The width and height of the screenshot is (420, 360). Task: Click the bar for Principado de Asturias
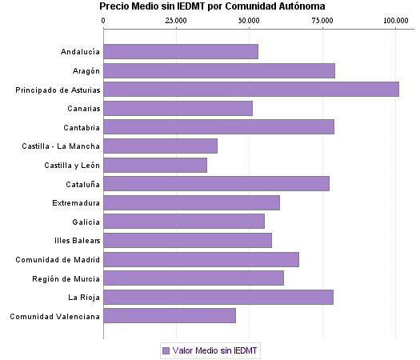coord(251,90)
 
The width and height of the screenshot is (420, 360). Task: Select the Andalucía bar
coord(181,52)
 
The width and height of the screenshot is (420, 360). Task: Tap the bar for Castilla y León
coord(155,165)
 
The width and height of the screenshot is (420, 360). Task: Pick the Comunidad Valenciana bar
coord(170,316)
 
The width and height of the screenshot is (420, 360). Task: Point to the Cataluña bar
coord(216,184)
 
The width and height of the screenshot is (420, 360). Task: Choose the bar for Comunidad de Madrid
coord(201,259)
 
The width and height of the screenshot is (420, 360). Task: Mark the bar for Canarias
coord(178,108)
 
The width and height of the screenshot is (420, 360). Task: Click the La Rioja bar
coord(218,297)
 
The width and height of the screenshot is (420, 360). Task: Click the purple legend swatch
coord(166,350)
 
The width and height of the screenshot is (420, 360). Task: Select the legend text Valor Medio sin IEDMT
coord(216,350)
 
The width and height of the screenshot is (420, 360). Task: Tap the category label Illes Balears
coord(78,241)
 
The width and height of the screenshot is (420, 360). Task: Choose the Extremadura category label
coord(76,202)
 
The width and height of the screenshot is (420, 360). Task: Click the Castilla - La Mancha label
coord(62,146)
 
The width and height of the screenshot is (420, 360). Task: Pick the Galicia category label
coord(85,222)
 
